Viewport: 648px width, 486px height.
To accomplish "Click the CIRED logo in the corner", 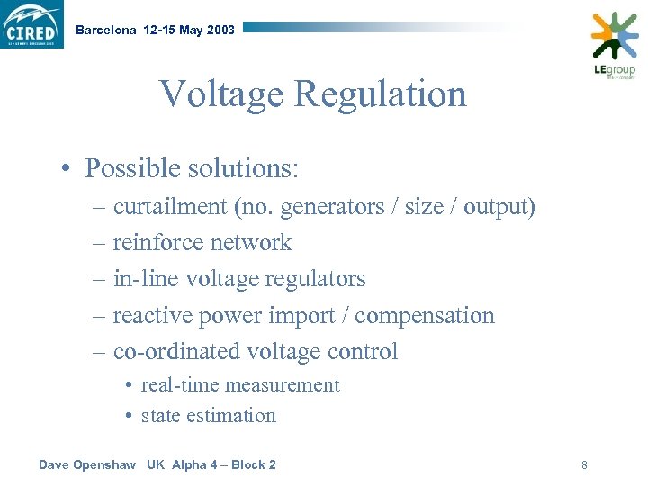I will [32, 24].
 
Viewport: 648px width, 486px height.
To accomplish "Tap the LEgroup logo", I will [614, 45].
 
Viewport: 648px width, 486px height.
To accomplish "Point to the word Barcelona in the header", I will [106, 30].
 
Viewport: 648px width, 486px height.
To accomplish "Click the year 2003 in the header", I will [220, 30].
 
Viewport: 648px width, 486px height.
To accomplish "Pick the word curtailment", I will [170, 207].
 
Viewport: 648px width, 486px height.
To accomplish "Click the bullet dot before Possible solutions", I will [68, 169].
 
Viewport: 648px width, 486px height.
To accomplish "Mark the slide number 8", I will [584, 465].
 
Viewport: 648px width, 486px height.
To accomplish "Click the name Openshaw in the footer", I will [103, 464].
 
